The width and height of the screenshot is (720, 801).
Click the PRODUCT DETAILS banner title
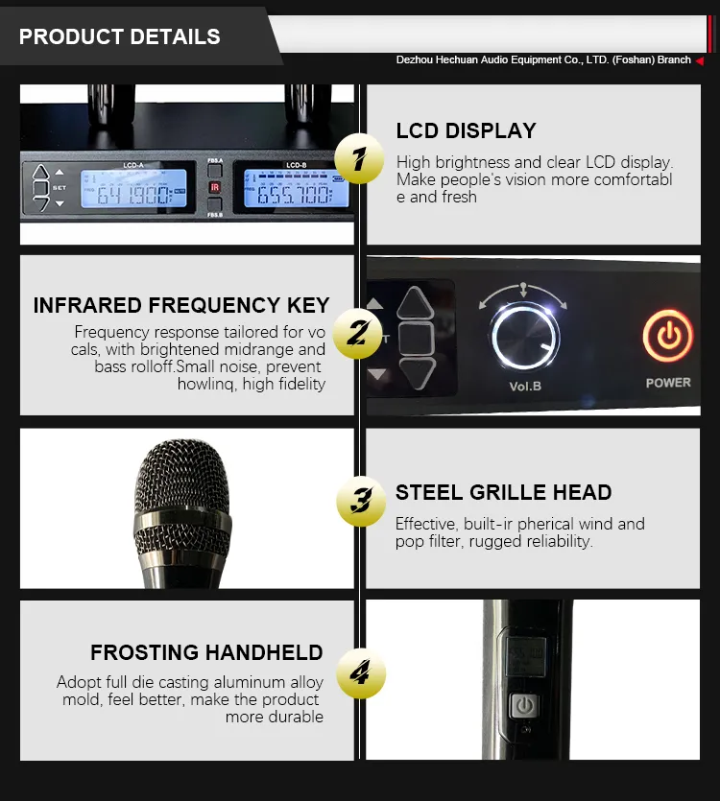coord(120,37)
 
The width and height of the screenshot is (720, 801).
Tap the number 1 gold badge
coord(360,158)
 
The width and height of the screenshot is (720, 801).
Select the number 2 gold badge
coord(357,333)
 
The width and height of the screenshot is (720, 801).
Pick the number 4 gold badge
coord(360,674)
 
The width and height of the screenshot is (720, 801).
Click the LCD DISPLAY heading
coord(467,131)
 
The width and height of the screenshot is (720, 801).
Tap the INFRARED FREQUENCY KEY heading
coord(181,306)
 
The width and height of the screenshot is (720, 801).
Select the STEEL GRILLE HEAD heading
coord(503,493)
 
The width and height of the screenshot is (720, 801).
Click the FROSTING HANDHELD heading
coord(206,653)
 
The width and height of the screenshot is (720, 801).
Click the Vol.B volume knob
coord(524,339)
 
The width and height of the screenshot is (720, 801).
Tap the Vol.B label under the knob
coord(525,387)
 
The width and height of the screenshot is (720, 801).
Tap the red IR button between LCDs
coord(216,187)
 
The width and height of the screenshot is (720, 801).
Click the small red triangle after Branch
coord(700,60)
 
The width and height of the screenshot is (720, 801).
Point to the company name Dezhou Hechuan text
coord(543,60)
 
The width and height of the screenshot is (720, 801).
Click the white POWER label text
coord(668,382)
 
